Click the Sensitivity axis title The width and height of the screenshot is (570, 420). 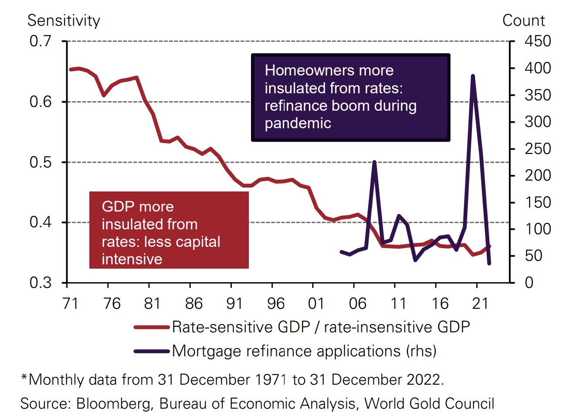[x=64, y=20]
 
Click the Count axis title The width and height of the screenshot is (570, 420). [x=523, y=20]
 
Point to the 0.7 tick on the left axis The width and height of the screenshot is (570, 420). [x=40, y=41]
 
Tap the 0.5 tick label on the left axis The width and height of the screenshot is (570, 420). [x=40, y=162]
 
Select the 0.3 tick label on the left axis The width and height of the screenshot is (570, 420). [x=40, y=283]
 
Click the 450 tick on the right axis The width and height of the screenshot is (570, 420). [x=537, y=41]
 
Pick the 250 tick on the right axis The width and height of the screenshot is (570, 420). [x=537, y=149]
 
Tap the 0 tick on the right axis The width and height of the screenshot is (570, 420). [x=529, y=283]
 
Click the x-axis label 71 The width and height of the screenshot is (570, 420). [x=71, y=303]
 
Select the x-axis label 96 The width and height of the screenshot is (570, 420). [x=275, y=303]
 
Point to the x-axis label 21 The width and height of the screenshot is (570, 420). [x=480, y=303]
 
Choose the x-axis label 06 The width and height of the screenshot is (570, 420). [x=357, y=303]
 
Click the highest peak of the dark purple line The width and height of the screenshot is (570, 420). [x=473, y=76]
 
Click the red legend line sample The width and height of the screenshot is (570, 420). [x=151, y=327]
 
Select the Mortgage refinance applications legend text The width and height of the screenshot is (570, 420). [x=304, y=351]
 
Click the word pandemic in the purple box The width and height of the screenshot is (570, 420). [x=298, y=123]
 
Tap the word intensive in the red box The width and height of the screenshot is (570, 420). [x=132, y=259]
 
